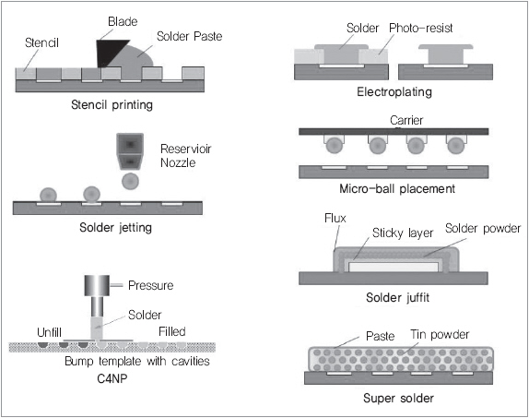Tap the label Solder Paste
pos(189,36)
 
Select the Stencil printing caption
pos(112,105)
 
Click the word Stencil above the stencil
pos(41,43)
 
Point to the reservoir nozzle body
pos(130,151)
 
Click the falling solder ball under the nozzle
pos(130,182)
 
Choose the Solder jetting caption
pos(116,227)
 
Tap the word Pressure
pos(151,285)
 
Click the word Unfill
pos(49,332)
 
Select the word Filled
pos(172,331)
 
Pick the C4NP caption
pos(112,379)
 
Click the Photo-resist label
pos(420,28)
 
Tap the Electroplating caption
pos(394,92)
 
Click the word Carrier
pos(406,120)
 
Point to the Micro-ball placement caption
pos(397,188)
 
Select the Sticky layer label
pos(403,233)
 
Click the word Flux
pos(335,219)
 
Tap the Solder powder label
pos(483,229)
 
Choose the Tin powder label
pos(440,335)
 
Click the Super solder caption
pos(398,398)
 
